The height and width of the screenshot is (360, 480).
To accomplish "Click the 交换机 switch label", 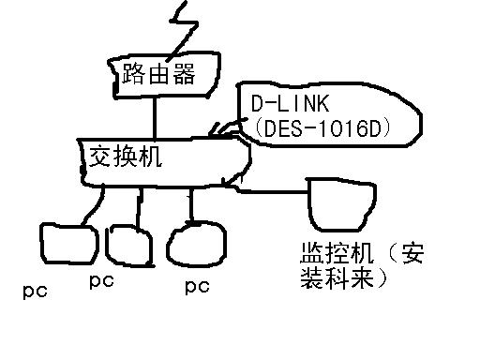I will tap(124, 156).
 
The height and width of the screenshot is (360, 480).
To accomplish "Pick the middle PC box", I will tap(127, 244).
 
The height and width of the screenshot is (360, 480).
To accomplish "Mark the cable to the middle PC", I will tap(139, 207).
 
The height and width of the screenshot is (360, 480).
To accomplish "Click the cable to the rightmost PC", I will tap(191, 204).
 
